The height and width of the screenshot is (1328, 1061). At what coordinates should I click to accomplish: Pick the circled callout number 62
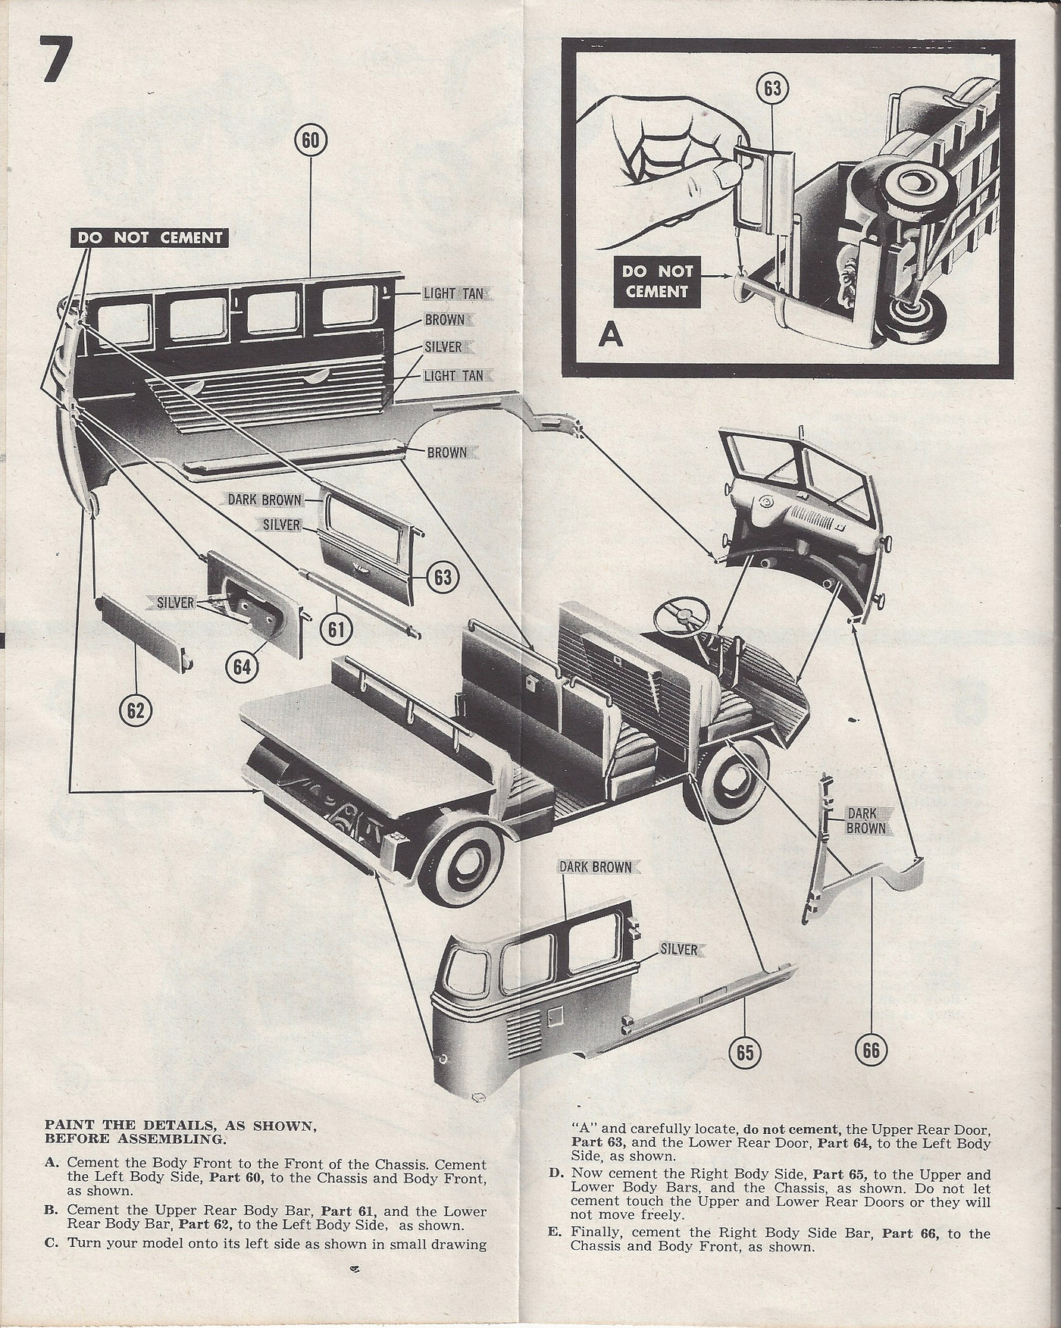point(136,710)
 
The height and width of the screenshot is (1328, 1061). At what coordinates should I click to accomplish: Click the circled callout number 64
point(242,666)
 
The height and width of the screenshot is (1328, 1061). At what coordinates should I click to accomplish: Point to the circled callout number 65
point(745,1051)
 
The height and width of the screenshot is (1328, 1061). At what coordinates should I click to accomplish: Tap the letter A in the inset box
point(610,334)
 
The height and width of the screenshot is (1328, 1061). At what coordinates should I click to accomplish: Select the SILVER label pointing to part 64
point(174,603)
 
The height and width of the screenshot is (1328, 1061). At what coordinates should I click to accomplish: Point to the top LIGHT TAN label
point(454,293)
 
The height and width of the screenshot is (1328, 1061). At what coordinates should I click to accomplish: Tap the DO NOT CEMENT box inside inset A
point(656,280)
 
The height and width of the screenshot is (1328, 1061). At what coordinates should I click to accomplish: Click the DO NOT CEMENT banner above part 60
point(149,237)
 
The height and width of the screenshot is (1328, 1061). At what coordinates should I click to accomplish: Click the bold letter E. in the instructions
point(554,1232)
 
